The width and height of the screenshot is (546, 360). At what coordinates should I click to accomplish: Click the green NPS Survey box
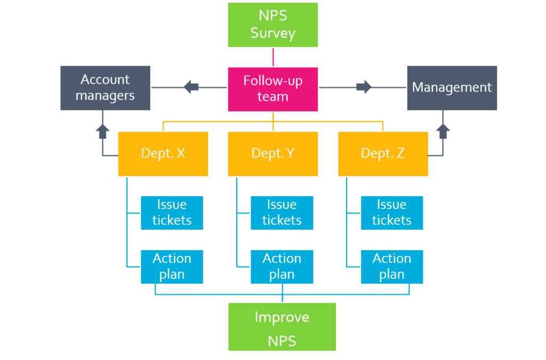[272, 25]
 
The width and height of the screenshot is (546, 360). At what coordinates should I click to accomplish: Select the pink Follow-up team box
[272, 89]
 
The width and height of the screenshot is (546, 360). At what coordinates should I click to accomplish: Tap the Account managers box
[105, 88]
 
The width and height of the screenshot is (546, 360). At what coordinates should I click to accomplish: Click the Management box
[452, 88]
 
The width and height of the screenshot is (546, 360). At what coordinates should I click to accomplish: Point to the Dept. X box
[163, 154]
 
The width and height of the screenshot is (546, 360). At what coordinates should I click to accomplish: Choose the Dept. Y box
[272, 154]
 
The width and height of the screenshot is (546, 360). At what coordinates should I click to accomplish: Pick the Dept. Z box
[383, 154]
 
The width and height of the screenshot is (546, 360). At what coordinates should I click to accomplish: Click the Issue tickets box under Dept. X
[172, 212]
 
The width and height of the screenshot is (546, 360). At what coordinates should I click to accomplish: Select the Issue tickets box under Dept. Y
[282, 212]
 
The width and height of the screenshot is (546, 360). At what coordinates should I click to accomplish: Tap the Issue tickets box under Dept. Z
[391, 212]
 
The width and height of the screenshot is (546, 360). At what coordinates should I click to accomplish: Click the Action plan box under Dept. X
[172, 266]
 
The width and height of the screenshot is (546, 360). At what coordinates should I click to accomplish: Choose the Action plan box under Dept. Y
[282, 266]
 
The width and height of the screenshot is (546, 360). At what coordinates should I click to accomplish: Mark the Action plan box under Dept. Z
[391, 266]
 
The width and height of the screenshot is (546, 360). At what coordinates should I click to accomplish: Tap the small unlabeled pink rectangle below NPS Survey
[298, 57]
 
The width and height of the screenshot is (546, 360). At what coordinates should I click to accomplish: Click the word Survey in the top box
[272, 33]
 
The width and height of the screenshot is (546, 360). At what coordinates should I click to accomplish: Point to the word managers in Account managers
[105, 96]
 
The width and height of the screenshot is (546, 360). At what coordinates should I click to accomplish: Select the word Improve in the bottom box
[282, 317]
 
